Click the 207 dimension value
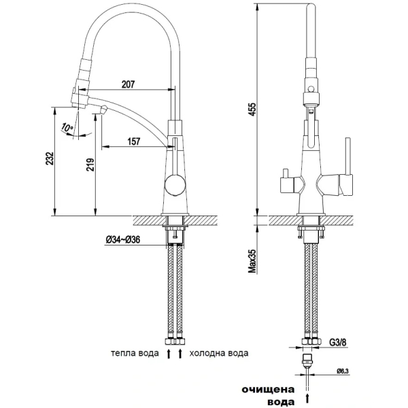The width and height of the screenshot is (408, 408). (x=128, y=84)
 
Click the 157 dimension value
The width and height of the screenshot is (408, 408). (x=134, y=141)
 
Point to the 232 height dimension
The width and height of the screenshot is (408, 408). (x=50, y=158)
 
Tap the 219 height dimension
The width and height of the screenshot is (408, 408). (x=90, y=165)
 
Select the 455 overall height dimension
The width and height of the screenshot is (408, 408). (x=252, y=109)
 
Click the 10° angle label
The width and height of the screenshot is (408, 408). (x=67, y=128)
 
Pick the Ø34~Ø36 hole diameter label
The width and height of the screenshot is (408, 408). (x=123, y=239)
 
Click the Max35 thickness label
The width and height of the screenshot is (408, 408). (x=252, y=260)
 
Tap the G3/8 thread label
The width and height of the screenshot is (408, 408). (x=338, y=343)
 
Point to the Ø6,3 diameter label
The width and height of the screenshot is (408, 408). (x=343, y=371)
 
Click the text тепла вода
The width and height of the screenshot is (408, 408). (x=135, y=353)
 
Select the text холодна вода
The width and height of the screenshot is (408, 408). (x=219, y=353)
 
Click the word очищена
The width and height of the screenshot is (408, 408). (x=269, y=390)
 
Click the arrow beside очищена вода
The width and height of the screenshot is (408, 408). (x=308, y=397)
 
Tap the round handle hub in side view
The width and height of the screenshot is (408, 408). (x=175, y=185)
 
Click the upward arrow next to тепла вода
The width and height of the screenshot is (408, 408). (x=169, y=354)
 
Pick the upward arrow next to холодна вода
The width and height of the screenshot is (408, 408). (x=180, y=354)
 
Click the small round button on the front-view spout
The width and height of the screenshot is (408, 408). (x=311, y=89)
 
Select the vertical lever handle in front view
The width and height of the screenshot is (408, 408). (x=348, y=156)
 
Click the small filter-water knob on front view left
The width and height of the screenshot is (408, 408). (x=286, y=173)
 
